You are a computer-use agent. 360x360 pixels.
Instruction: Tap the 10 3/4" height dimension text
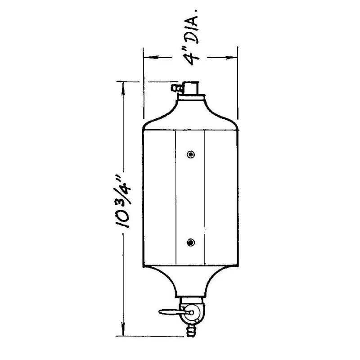[x=123, y=202]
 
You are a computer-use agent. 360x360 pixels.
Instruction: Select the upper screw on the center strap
[x=190, y=154]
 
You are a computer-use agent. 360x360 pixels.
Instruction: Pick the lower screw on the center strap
[x=190, y=242]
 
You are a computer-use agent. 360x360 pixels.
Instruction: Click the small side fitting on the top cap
[x=177, y=88]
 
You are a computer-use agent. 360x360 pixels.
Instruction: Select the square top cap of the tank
[x=191, y=88]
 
